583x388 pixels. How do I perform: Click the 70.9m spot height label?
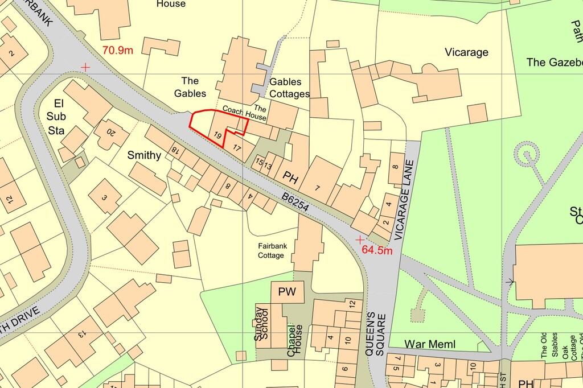point(118,49)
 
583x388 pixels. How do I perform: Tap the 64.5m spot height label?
point(377,250)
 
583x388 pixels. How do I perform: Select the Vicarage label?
point(466,52)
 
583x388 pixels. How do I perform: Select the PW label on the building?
point(288,293)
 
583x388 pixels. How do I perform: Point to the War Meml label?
point(430,344)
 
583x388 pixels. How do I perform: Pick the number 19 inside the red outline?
point(217,135)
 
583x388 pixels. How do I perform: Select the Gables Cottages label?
point(290,88)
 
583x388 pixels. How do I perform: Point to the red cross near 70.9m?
point(85,67)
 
